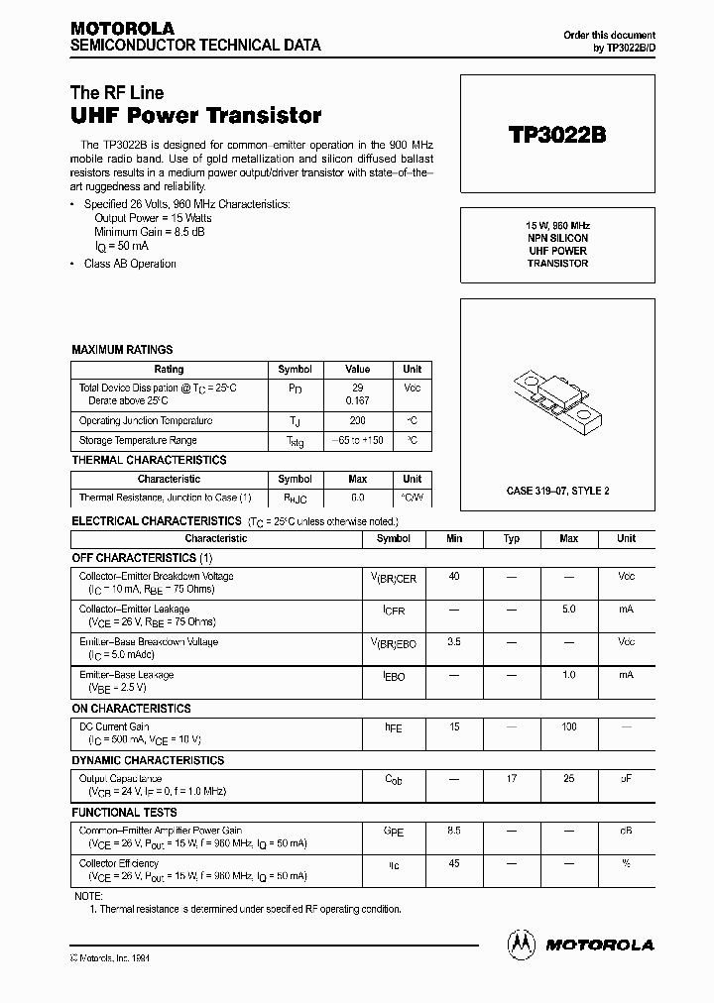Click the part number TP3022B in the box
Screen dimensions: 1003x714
[x=556, y=136]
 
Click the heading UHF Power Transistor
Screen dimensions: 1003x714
[x=196, y=115]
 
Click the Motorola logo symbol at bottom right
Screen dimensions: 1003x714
[x=522, y=944]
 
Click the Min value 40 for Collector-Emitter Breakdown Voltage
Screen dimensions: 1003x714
[x=454, y=576]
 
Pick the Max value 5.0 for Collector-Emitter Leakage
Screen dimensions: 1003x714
[x=568, y=610]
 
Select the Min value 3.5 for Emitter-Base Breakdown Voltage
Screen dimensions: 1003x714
[x=454, y=642]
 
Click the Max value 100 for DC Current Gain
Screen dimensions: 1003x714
[x=568, y=727]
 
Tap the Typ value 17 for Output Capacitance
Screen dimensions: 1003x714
[x=512, y=779]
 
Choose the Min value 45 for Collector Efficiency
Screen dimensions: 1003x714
[x=454, y=863]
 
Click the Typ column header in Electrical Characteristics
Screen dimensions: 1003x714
[x=512, y=539]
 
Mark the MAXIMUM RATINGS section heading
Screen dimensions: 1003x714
[x=122, y=350]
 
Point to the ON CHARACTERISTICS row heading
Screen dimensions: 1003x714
[x=131, y=709]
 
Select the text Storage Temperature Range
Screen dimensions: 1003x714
[x=138, y=440]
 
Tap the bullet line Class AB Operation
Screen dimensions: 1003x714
[x=130, y=264]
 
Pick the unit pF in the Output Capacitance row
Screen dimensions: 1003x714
[x=626, y=779]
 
